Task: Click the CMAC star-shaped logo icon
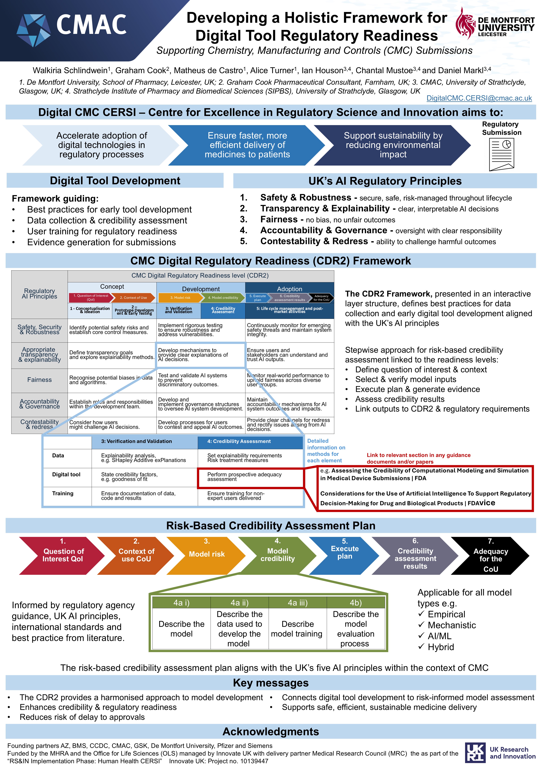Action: tap(33, 29)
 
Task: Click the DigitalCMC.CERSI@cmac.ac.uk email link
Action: tap(479, 98)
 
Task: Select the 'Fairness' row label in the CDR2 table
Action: tap(39, 380)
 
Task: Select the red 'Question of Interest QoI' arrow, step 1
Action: tap(63, 555)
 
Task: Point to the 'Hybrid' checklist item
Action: tap(440, 647)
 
